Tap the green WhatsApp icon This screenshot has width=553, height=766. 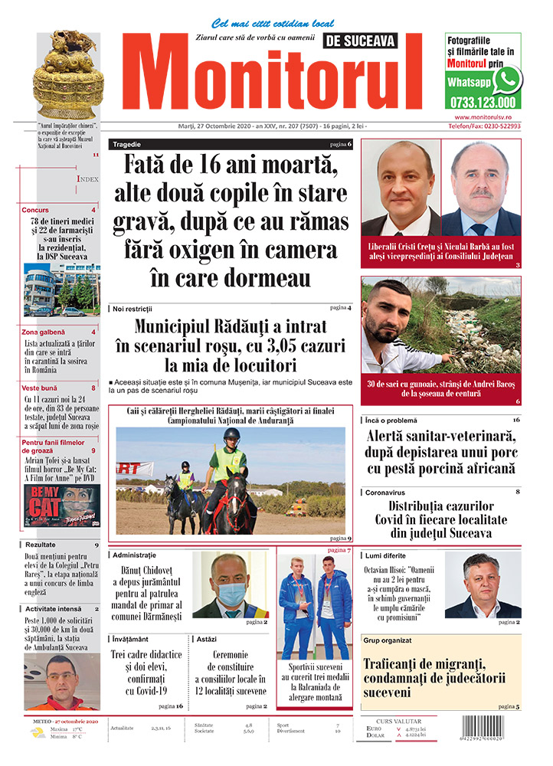coord(506,80)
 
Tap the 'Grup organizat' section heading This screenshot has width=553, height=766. coord(388,640)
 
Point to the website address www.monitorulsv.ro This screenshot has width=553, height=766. coord(483,116)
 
